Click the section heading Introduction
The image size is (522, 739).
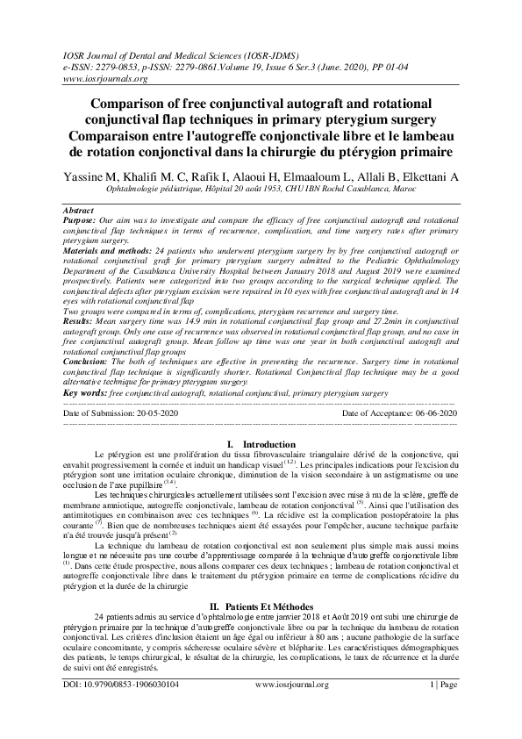(268, 445)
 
